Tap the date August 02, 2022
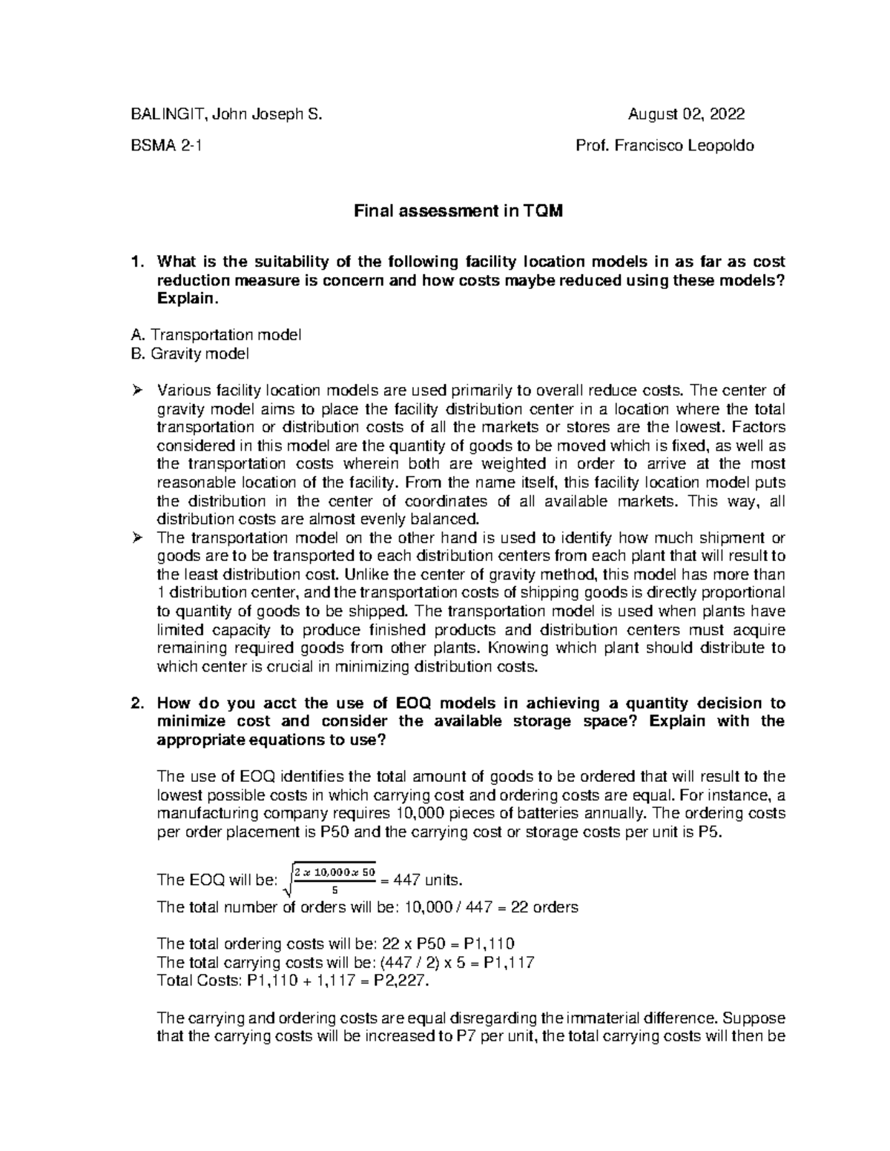pyautogui.click(x=686, y=114)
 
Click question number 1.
pyautogui.click(x=134, y=262)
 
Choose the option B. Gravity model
pyautogui.click(x=189, y=354)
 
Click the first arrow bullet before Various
pyautogui.click(x=136, y=391)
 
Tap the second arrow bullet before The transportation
pyautogui.click(x=136, y=538)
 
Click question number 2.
pyautogui.click(x=134, y=703)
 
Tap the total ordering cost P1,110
pyautogui.click(x=487, y=943)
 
